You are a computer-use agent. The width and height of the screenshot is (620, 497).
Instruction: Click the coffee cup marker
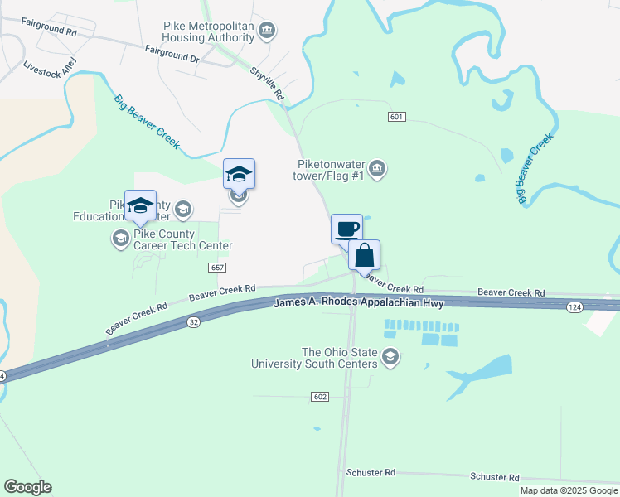point(346,229)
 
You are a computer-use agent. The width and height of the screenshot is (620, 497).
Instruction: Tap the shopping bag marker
point(364,255)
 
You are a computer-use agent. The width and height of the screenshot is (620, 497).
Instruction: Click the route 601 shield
point(396,117)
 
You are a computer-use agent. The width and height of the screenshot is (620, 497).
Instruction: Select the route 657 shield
point(217,268)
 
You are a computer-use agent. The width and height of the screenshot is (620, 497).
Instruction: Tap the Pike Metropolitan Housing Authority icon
point(267,32)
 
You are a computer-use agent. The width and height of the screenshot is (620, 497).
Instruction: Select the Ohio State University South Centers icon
point(390,358)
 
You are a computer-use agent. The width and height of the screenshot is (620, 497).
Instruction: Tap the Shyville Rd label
point(267,84)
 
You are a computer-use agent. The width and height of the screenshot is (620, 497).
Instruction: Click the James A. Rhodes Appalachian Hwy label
point(359,304)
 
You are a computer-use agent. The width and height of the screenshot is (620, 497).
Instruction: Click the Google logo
point(27,487)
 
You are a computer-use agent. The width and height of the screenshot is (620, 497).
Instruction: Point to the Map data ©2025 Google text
point(569,490)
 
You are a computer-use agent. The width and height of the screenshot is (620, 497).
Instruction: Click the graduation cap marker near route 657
point(239,174)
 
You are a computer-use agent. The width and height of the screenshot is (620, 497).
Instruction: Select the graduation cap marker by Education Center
point(140,205)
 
